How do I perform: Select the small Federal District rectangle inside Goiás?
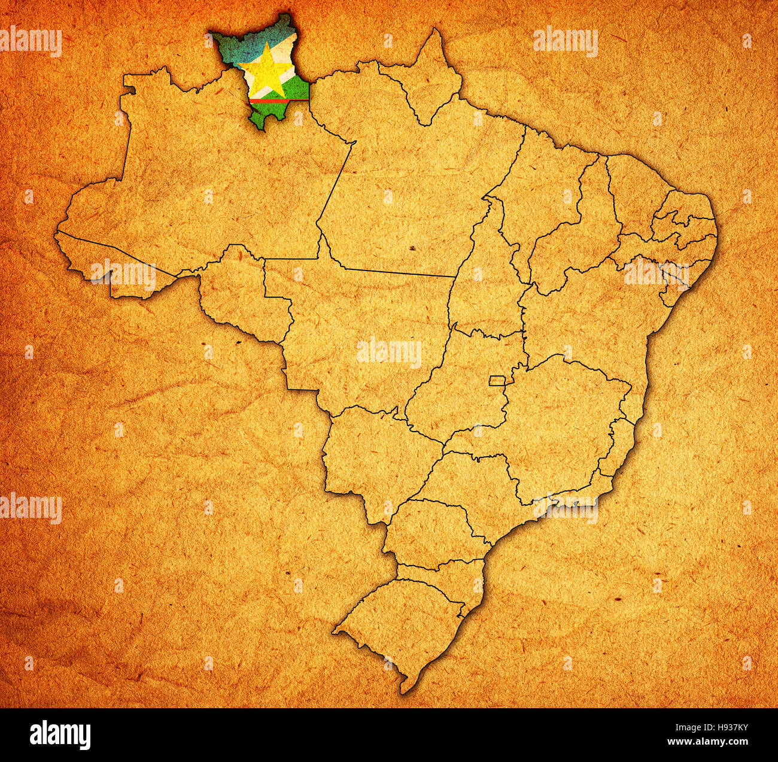[x=497, y=380]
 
